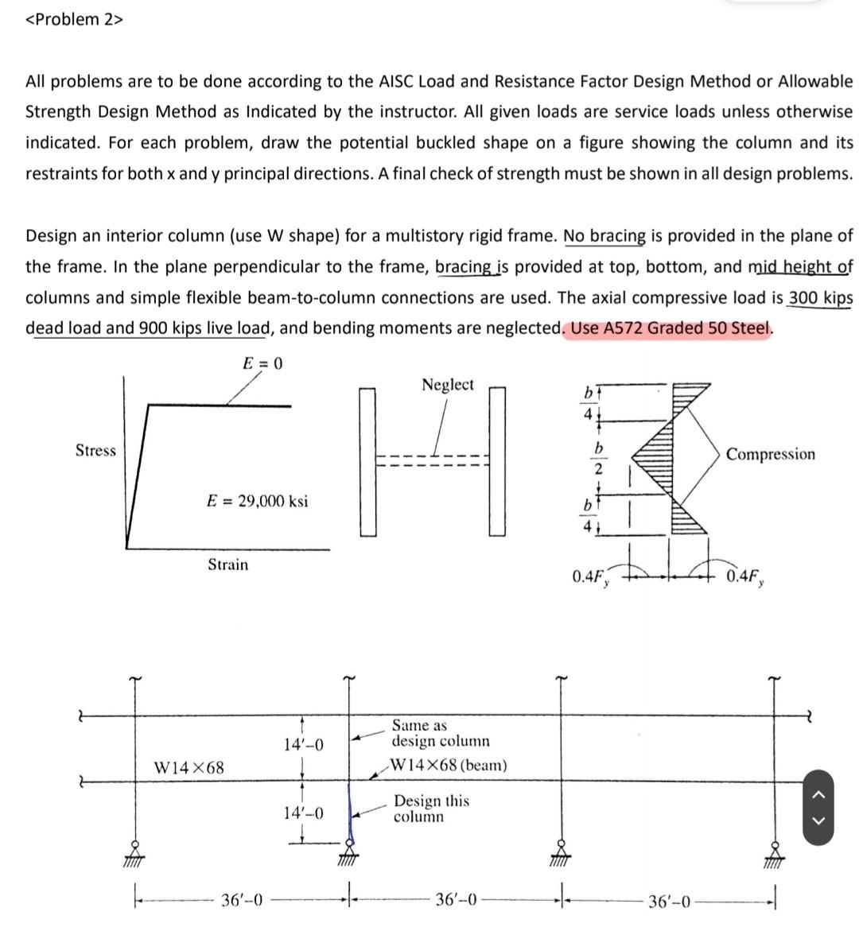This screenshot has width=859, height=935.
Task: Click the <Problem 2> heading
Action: [x=74, y=20]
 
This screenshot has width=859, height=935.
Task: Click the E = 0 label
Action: [x=262, y=363]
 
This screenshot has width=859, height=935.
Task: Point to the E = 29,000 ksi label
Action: [x=257, y=501]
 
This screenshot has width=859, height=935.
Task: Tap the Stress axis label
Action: [x=95, y=451]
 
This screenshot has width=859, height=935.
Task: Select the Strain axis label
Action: [x=227, y=564]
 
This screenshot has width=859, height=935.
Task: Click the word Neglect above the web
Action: [x=447, y=385]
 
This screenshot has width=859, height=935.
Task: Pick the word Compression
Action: [x=770, y=454]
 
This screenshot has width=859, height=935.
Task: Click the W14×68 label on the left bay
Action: [x=189, y=767]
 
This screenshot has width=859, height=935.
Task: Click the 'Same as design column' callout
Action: [x=440, y=733]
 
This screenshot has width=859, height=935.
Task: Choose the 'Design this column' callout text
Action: [x=431, y=808]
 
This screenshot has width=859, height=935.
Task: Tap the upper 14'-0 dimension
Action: [x=303, y=745]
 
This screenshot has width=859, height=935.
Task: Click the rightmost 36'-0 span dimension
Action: [x=669, y=902]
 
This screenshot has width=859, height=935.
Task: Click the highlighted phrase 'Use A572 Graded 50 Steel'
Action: [x=669, y=328]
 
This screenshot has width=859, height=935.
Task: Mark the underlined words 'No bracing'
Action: [x=604, y=236]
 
